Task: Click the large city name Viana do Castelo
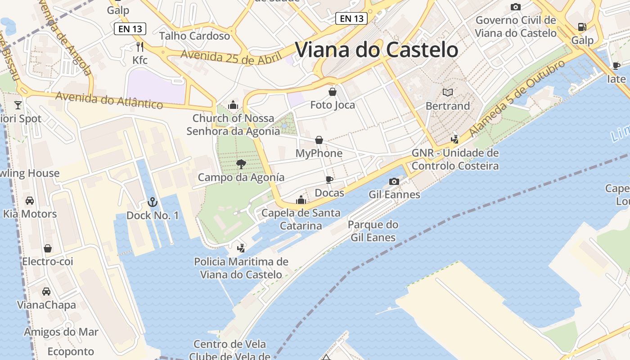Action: pyautogui.click(x=376, y=49)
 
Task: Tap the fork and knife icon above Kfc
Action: pyautogui.click(x=140, y=46)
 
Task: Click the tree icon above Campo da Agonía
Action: pyautogui.click(x=241, y=164)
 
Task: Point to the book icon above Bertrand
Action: pyautogui.click(x=447, y=92)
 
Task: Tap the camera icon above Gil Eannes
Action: pyautogui.click(x=394, y=181)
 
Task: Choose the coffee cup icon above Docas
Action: pyautogui.click(x=329, y=180)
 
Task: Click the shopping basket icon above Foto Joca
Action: pyautogui.click(x=333, y=92)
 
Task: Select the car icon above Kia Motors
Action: pyautogui.click(x=30, y=200)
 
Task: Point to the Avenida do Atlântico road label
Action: pyautogui.click(x=109, y=100)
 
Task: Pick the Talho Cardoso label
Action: pyautogui.click(x=194, y=36)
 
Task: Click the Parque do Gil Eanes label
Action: pyautogui.click(x=373, y=231)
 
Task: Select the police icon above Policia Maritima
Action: pyautogui.click(x=241, y=247)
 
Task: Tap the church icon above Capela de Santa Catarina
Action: pyautogui.click(x=301, y=199)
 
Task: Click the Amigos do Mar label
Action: pyautogui.click(x=61, y=332)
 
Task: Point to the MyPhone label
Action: pyautogui.click(x=319, y=153)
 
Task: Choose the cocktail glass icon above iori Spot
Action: pyautogui.click(x=18, y=105)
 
